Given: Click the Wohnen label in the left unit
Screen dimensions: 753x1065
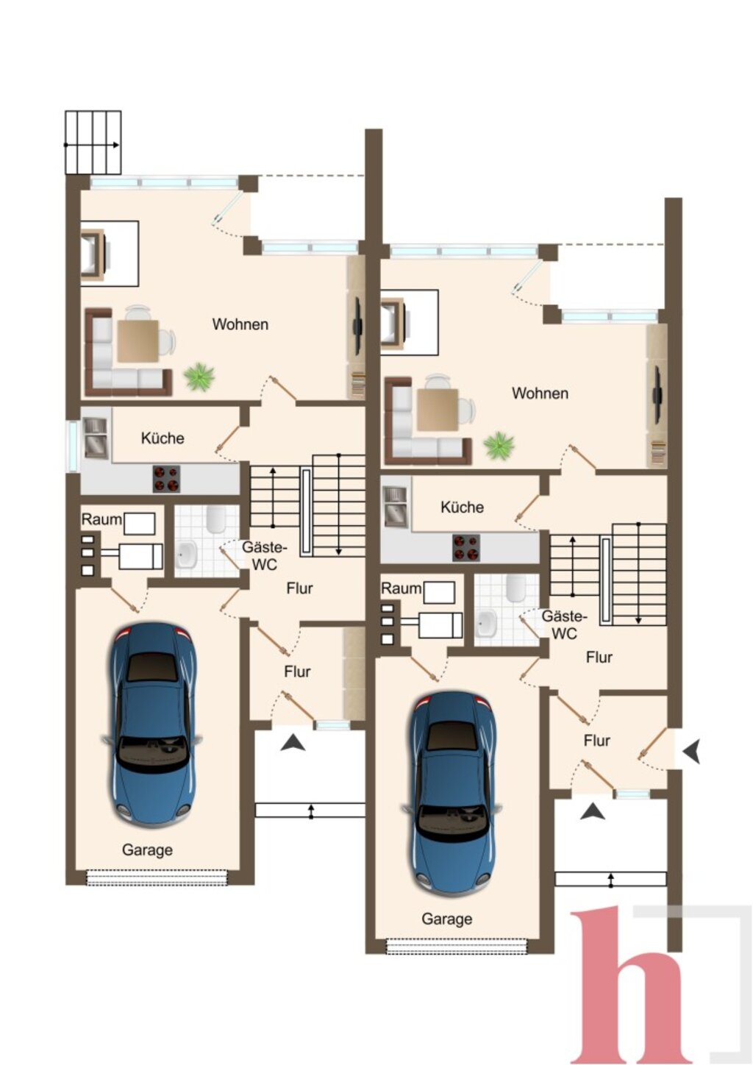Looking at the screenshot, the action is pos(240,324).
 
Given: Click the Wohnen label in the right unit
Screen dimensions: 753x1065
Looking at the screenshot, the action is pos(540,393).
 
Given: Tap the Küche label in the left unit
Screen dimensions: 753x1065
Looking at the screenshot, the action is pos(163,438).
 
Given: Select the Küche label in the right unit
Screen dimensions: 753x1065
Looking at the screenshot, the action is pos(462,507).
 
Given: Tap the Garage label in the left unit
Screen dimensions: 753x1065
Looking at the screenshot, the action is pos(147,849).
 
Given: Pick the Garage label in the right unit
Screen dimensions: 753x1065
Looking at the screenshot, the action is pos(447,919).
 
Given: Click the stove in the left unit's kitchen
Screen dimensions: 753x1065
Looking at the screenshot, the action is pos(166,479).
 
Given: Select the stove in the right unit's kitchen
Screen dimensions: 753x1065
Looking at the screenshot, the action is pos(466,548).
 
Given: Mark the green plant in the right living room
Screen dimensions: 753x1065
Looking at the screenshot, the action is pos(499,446).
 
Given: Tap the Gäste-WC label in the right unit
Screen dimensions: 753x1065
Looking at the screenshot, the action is pos(564,624).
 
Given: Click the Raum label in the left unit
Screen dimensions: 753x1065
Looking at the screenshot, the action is pos(101,519).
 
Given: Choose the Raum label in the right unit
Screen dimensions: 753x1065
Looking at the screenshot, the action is pos(401,588).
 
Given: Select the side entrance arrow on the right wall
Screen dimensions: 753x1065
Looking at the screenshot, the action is pos(692,752).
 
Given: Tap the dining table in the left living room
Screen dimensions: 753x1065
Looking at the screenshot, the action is pos(138,341).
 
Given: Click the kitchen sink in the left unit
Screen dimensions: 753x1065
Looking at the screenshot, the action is pos(95,438).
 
